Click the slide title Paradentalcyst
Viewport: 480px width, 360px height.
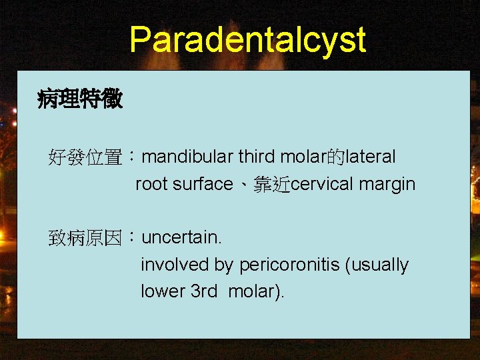(247, 39)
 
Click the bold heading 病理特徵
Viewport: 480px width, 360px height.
(80, 100)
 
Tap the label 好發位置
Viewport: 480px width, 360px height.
(85, 158)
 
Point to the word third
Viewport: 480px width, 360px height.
(257, 157)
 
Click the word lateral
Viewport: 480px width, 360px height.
(371, 157)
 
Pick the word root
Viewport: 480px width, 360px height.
(151, 184)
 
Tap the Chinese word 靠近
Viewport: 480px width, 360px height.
(272, 185)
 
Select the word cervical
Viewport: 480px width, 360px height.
(323, 184)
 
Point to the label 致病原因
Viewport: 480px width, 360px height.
(85, 238)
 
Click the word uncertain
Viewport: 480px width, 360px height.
(181, 237)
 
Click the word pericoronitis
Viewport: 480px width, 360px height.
(289, 265)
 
